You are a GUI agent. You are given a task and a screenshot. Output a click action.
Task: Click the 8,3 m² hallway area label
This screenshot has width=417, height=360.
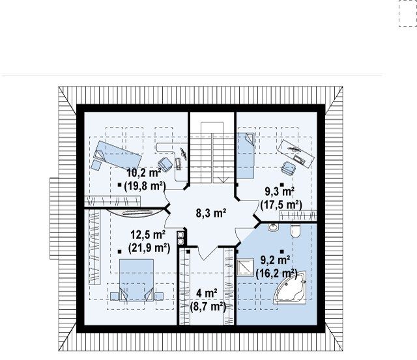click(x=211, y=213)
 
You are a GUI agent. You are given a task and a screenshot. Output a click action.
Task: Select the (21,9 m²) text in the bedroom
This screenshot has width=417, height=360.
click(x=149, y=248)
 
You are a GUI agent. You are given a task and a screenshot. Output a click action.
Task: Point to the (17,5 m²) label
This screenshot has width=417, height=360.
click(x=281, y=205)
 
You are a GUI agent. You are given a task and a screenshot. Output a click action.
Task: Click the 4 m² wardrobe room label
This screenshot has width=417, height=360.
click(x=207, y=294)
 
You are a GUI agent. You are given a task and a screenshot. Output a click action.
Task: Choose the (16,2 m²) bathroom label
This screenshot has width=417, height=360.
click(x=276, y=273)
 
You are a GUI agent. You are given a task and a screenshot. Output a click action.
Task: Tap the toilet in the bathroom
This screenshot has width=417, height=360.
click(x=295, y=231)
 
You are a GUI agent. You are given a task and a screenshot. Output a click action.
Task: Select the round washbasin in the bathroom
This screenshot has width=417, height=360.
click(x=273, y=227)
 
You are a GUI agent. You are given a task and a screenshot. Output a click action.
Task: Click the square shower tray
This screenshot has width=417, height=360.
click(x=245, y=267)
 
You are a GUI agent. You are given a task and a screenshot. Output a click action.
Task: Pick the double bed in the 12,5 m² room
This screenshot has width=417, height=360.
click(x=136, y=280)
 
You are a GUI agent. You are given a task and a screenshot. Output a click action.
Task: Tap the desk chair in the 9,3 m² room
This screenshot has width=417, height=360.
click(x=288, y=168)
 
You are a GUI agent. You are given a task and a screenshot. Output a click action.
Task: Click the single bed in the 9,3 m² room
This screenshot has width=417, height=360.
click(x=246, y=156)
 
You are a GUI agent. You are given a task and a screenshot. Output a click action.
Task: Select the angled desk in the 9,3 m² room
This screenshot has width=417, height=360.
click(x=296, y=154)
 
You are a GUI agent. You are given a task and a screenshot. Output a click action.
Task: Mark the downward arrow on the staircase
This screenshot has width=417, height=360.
click(x=223, y=180)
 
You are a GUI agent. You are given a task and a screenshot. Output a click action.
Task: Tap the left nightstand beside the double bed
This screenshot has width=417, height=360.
click(x=114, y=296)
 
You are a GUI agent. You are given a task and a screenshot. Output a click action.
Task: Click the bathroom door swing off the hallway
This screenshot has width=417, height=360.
click(x=242, y=234)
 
